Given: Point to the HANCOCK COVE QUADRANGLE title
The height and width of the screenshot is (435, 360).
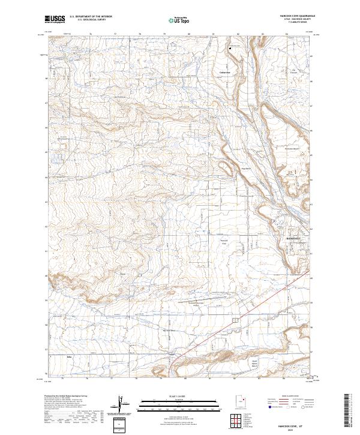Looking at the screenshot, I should (292, 16).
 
